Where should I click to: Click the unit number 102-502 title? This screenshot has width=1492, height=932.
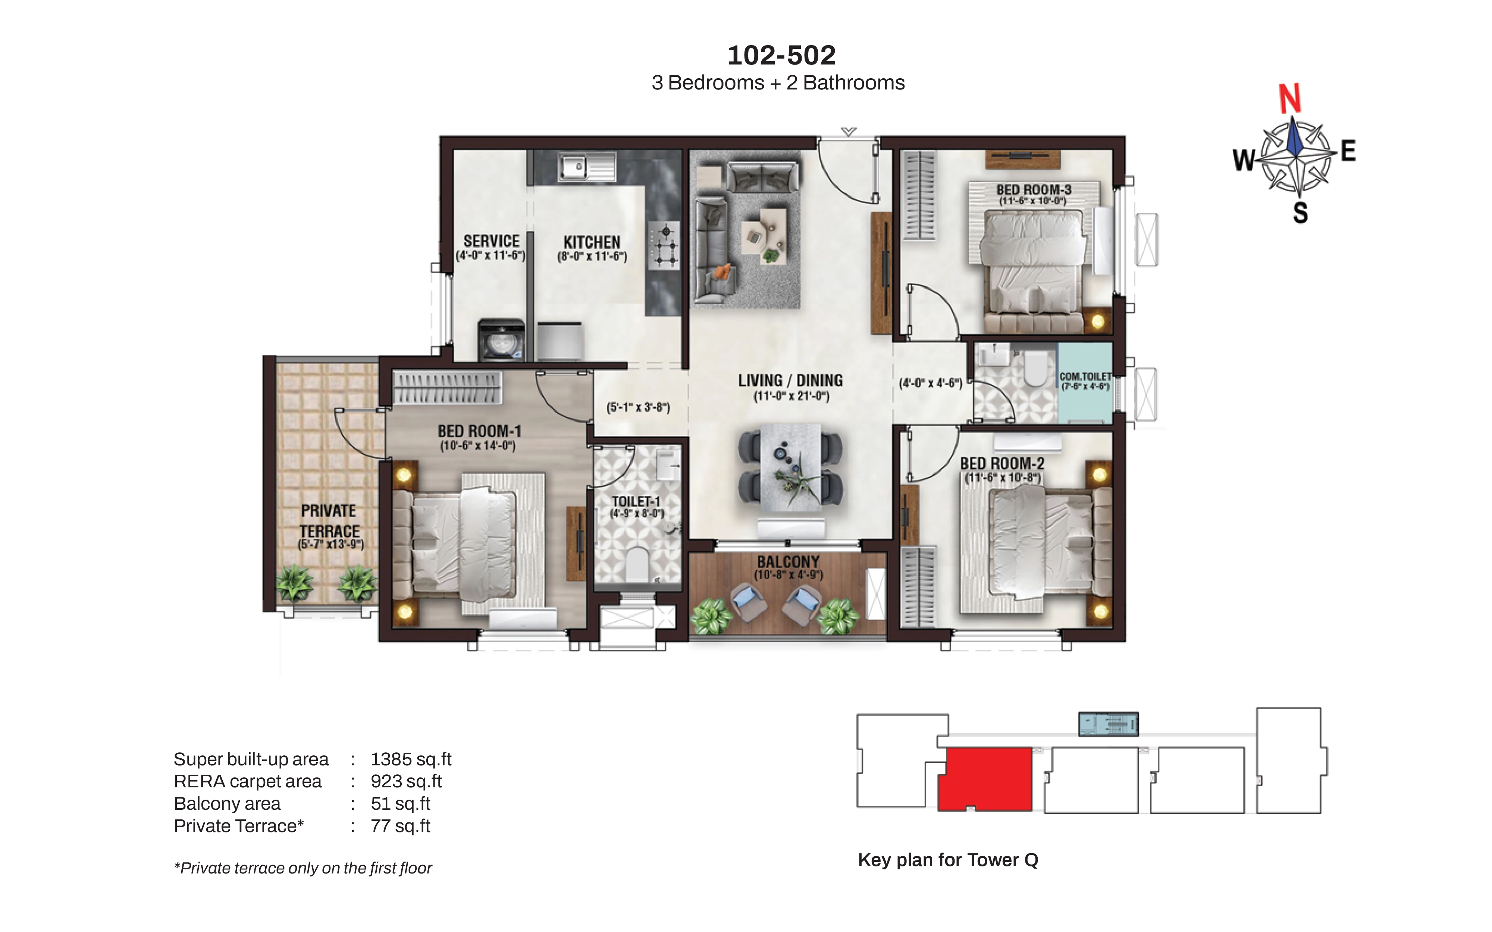tap(781, 56)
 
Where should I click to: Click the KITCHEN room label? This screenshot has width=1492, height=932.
tap(592, 242)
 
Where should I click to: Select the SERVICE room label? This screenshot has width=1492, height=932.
tap(491, 241)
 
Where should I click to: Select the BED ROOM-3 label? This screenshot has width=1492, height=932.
tap(1034, 190)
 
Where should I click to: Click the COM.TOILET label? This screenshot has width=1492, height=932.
tap(1085, 376)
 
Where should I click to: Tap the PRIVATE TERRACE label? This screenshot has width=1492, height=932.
tap(329, 521)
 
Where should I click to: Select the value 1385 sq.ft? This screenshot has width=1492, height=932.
tap(411, 759)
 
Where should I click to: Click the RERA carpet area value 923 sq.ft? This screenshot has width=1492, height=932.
tap(406, 782)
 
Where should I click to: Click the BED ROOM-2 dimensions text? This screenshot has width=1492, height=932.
tap(1003, 477)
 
